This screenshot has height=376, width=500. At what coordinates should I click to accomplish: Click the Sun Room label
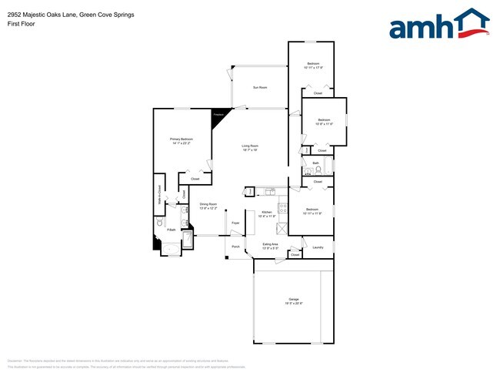(x=260, y=88)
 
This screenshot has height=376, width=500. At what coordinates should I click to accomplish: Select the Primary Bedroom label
(x=182, y=139)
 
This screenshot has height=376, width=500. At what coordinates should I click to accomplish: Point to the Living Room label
(x=250, y=146)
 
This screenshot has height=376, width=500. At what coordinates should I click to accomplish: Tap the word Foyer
(x=235, y=223)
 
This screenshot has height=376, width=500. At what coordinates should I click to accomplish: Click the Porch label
(x=235, y=247)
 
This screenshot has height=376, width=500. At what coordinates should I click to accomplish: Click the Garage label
(x=294, y=299)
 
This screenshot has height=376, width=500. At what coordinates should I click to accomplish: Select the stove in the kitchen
(x=283, y=207)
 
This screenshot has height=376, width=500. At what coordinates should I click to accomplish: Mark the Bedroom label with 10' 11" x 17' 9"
(x=313, y=65)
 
